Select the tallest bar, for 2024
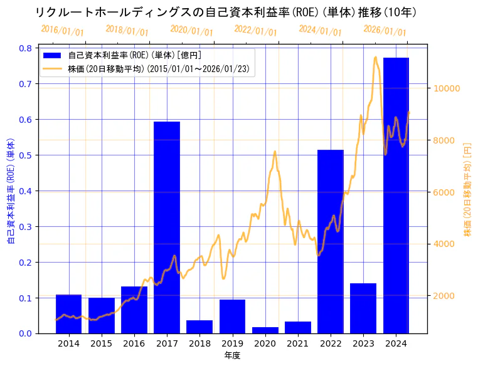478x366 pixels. click(396, 195)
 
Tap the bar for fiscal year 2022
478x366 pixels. click(331, 241)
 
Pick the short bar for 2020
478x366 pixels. click(265, 330)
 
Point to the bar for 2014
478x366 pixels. click(68, 313)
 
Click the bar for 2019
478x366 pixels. click(232, 316)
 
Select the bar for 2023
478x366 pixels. click(363, 308)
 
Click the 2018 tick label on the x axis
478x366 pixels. click(199, 343)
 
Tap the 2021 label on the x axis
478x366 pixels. click(298, 343)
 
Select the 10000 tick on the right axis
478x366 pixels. click(446, 88)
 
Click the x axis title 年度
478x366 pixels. click(232, 355)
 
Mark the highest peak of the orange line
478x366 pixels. click(375, 57)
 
